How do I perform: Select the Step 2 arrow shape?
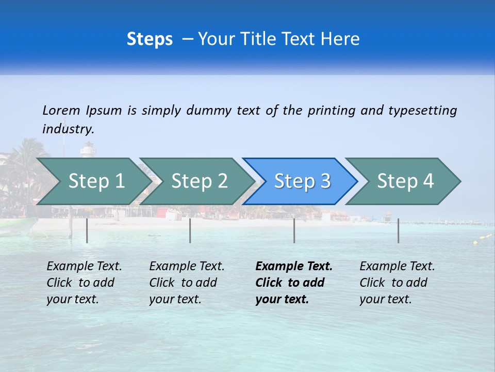click(x=199, y=181)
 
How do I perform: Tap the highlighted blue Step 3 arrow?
click(x=302, y=181)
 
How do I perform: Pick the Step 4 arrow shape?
click(x=405, y=181)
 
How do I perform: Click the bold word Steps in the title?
click(x=150, y=39)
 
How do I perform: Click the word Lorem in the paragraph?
click(x=61, y=110)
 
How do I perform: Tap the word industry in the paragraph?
click(x=68, y=129)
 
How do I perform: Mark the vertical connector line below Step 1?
click(x=87, y=230)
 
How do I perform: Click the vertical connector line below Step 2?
click(x=190, y=230)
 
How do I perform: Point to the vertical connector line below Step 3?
click(x=294, y=230)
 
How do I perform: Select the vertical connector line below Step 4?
click(x=399, y=230)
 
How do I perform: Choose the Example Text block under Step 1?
click(x=84, y=283)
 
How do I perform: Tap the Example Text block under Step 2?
click(x=186, y=283)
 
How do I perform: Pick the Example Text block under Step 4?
click(x=397, y=283)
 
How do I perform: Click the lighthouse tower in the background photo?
click(x=87, y=150)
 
